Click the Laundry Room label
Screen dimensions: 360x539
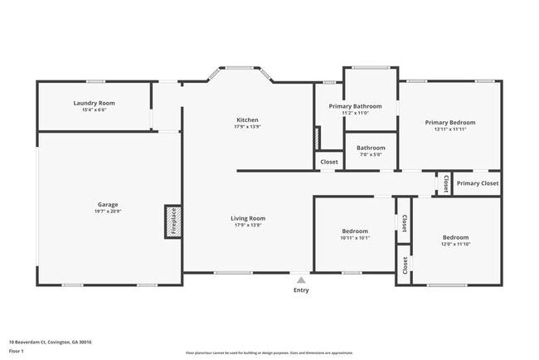[94, 103]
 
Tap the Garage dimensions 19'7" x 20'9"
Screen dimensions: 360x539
[108, 212]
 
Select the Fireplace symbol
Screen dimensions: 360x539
[173, 221]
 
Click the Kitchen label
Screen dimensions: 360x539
[247, 119]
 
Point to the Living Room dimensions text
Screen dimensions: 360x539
[247, 226]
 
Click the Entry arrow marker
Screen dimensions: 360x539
[300, 280]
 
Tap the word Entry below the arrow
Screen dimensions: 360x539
[300, 290]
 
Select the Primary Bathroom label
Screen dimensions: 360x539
[355, 106]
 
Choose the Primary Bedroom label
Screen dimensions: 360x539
[450, 122]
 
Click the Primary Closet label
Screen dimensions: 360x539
[478, 183]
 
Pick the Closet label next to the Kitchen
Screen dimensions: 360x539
[329, 162]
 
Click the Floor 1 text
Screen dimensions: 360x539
[17, 351]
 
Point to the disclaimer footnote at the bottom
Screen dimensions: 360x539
[269, 353]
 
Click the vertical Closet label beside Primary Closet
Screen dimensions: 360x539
[445, 182]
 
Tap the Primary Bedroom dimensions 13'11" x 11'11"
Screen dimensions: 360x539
[450, 129]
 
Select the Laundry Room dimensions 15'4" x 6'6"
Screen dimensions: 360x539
[94, 110]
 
